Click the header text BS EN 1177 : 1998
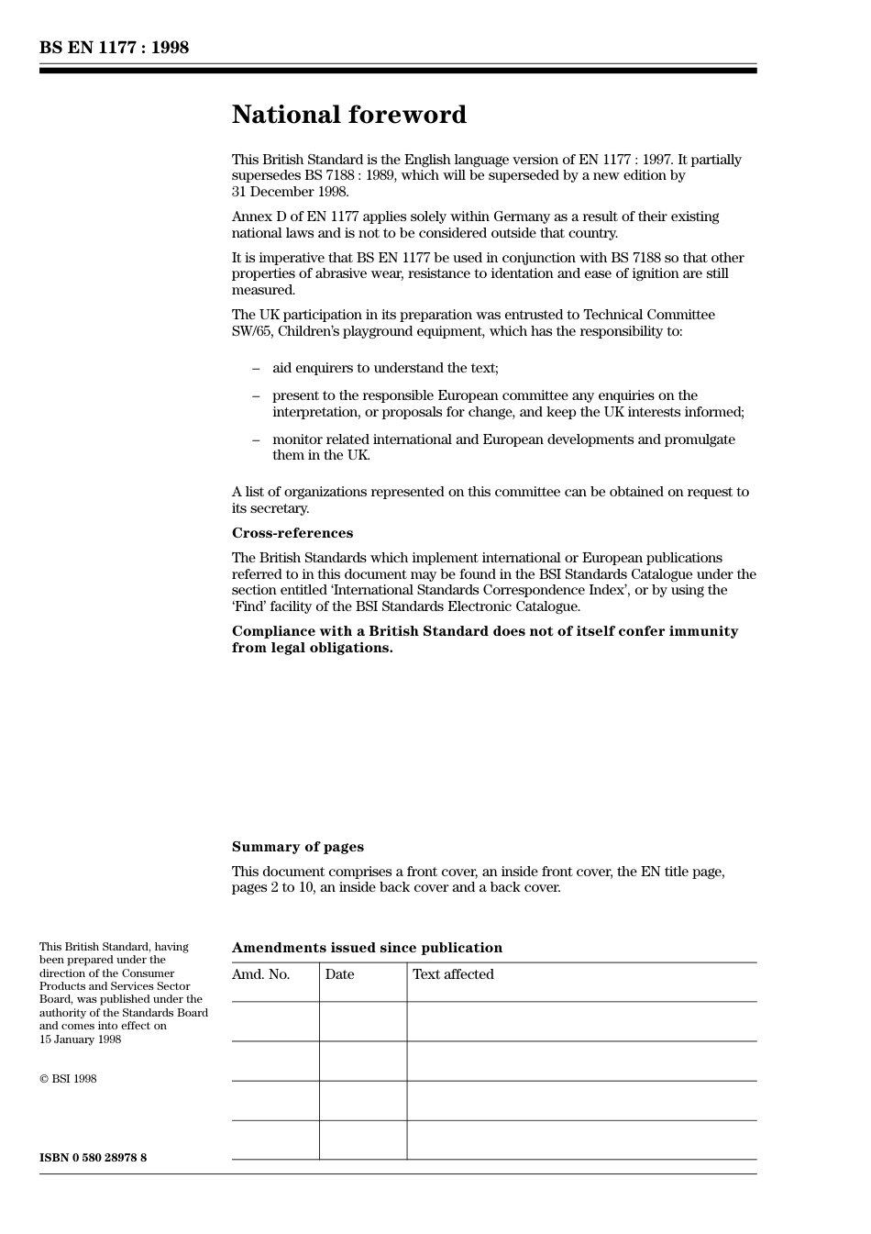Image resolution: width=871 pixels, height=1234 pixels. click(x=114, y=48)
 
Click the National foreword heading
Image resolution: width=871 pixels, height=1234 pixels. click(x=348, y=115)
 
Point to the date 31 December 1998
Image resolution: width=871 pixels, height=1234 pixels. click(x=290, y=192)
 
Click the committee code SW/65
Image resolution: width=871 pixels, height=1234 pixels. click(x=253, y=331)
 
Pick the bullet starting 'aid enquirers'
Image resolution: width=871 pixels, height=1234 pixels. click(x=384, y=368)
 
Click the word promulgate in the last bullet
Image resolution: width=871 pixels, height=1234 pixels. click(x=700, y=439)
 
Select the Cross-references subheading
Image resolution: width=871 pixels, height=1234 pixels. click(x=292, y=533)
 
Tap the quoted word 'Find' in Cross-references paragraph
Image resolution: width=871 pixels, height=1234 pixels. click(x=248, y=606)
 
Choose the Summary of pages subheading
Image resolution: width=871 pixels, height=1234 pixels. click(x=297, y=847)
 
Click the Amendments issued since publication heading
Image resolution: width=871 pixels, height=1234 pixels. click(x=367, y=948)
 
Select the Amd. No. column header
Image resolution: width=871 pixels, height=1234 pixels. click(x=260, y=974)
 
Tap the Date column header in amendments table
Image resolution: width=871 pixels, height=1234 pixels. click(x=339, y=974)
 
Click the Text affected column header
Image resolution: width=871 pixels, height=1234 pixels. click(x=453, y=974)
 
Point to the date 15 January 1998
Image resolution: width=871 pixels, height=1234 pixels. click(x=80, y=1039)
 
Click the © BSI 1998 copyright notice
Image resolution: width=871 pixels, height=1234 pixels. click(x=68, y=1079)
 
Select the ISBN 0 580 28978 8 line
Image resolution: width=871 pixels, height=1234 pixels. click(x=93, y=1158)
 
